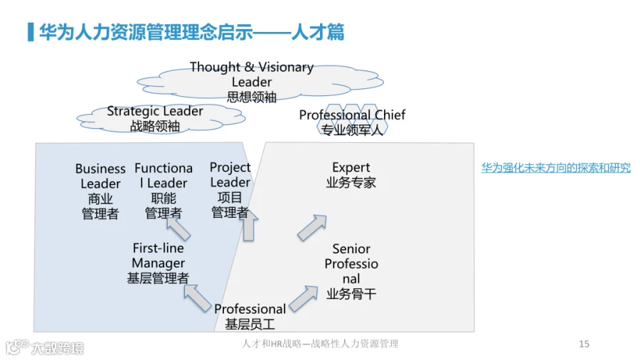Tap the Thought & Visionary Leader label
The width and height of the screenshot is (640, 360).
point(252,82)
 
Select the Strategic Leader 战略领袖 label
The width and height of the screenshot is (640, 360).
point(155,118)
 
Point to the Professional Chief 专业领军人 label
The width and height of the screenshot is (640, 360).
point(352,122)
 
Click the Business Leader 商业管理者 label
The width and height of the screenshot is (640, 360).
point(100,191)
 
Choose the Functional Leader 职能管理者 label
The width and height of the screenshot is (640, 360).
point(163,191)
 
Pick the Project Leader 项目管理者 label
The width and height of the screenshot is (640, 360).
point(230,189)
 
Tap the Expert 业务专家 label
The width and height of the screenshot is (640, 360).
point(351,175)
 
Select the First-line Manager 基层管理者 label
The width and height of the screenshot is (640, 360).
point(158,263)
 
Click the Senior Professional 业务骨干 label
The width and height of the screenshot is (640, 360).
point(351,271)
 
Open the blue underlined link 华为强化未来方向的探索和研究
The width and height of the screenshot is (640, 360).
point(555,169)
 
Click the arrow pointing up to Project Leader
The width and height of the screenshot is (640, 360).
point(249,227)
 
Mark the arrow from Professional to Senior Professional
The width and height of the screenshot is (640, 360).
point(304,298)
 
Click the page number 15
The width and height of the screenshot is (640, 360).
point(584,344)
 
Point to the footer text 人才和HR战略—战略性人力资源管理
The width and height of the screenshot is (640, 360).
point(320,344)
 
